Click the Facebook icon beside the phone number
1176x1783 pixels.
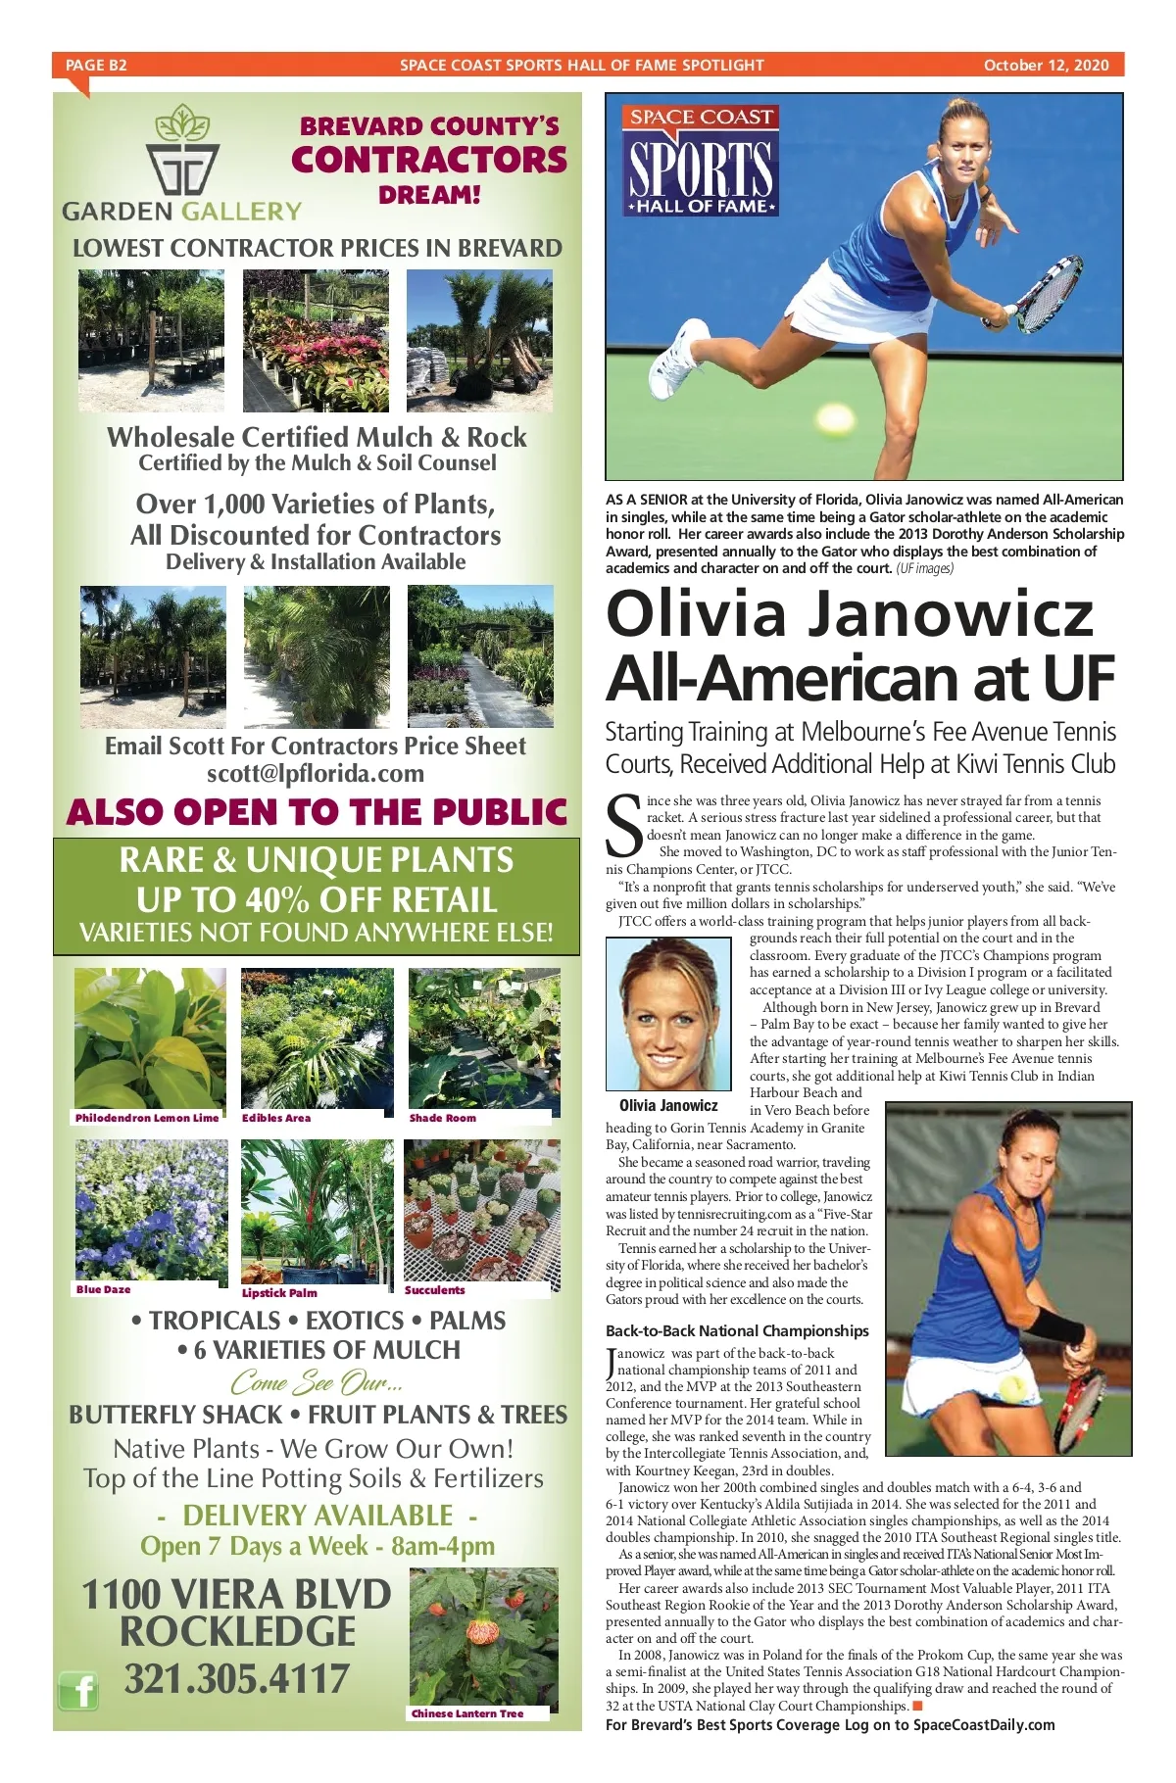[79, 1691]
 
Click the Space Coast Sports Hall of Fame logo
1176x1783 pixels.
[701, 160]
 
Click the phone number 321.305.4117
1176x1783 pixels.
[236, 1679]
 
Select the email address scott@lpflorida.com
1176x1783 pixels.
[316, 773]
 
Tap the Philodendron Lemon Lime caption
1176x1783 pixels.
[147, 1118]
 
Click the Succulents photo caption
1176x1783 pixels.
[435, 1290]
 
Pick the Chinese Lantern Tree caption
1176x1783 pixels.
[467, 1713]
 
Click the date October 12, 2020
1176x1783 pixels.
[1046, 66]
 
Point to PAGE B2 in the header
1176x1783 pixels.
[96, 66]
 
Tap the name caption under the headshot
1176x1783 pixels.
[668, 1105]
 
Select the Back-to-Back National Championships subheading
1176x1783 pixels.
[737, 1330]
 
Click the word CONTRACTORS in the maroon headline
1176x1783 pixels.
[429, 160]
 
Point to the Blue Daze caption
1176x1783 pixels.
[103, 1289]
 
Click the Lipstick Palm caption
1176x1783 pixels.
[279, 1292]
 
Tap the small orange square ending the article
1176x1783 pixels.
[917, 1706]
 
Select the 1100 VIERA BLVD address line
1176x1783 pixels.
[236, 1595]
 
